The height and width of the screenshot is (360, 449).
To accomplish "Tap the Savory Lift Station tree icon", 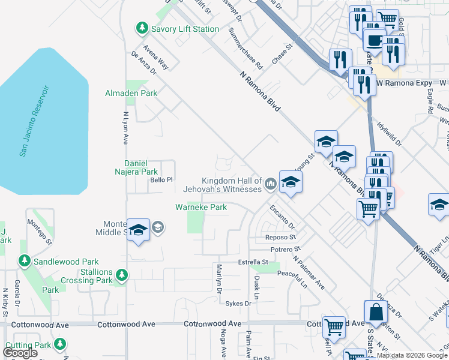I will [x=142, y=28].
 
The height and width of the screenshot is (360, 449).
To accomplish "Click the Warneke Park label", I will [x=200, y=208].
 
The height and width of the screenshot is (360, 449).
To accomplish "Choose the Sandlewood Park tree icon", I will [x=24, y=262].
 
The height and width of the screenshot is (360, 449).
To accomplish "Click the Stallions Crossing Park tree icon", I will [x=122, y=275].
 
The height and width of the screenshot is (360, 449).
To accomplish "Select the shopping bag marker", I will [x=376, y=312].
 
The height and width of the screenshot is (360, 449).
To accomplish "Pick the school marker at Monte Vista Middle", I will [x=139, y=229].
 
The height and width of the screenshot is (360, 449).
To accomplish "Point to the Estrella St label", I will [x=253, y=262].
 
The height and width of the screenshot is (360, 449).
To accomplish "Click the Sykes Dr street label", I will [x=238, y=304].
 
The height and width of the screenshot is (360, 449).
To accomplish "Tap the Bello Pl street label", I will [x=161, y=179].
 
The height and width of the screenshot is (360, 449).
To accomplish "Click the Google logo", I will [x=20, y=353].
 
